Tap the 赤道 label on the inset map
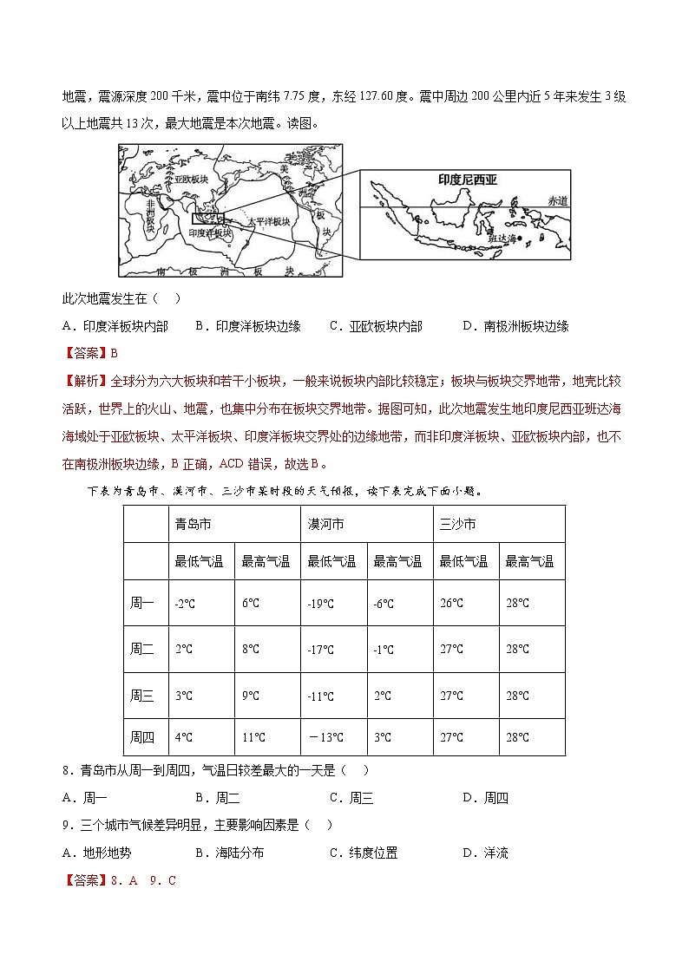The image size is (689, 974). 557,200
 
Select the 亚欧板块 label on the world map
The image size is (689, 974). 190,179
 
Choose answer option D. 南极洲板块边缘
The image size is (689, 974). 515,326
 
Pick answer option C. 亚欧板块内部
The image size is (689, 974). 376,326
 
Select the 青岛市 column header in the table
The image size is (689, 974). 193,525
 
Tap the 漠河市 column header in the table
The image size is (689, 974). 325,525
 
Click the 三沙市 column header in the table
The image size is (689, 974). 457,525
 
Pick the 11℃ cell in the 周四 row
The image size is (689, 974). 253,738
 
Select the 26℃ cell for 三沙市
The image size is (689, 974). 451,604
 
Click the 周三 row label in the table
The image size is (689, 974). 141,696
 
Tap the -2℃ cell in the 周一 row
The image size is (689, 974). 184,604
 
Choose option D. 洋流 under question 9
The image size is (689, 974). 485,853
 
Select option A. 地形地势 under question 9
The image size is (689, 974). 97,853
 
